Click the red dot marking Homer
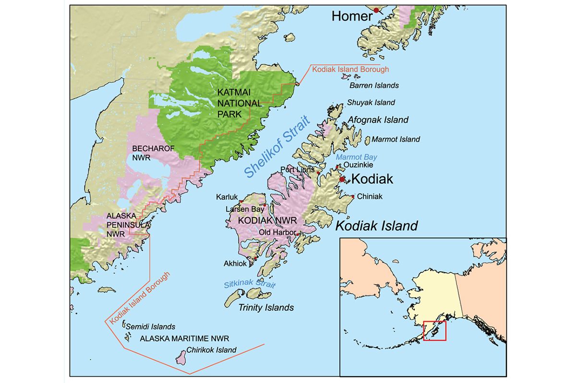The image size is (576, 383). coord(376,10)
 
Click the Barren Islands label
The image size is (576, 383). coord(374,85)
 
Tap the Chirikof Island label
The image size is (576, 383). coord(211,350)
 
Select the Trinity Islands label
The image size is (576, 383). coord(266,308)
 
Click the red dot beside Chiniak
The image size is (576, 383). coord(353,196)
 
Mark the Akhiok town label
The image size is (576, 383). coord(235,263)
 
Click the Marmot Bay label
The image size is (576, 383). coord(356,157)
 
